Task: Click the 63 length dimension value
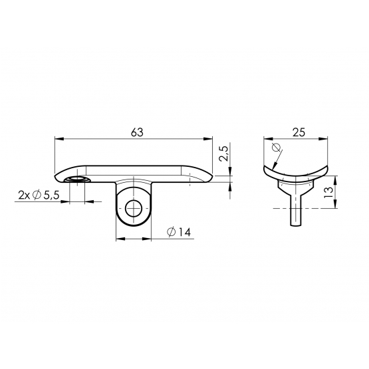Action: [137, 132]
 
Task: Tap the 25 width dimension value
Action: [299, 132]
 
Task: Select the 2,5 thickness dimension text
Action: [223, 154]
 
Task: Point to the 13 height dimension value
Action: [328, 192]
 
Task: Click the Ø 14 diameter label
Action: [179, 232]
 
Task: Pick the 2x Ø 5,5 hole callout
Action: [39, 195]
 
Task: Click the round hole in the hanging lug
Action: [134, 209]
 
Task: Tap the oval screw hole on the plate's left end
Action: [77, 180]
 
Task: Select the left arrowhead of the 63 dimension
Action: [59, 139]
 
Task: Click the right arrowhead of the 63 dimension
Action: [208, 139]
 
